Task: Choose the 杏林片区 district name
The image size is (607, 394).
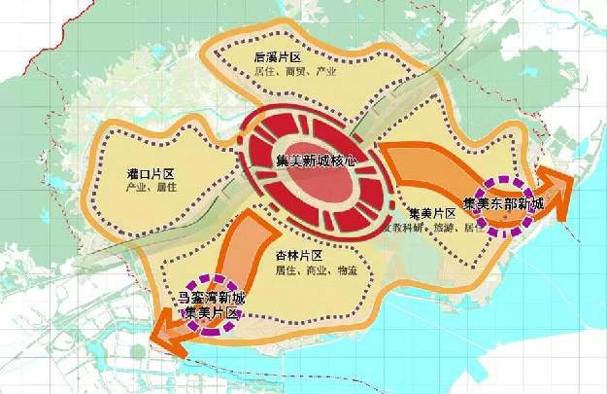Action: pyautogui.click(x=297, y=254)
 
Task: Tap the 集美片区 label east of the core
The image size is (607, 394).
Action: pyautogui.click(x=431, y=214)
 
